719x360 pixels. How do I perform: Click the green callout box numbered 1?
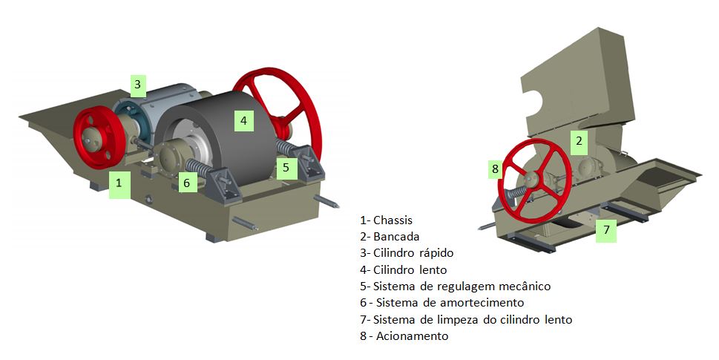coord(119,183)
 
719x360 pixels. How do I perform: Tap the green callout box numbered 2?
coord(579,141)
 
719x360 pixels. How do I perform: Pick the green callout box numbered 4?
coord(243,120)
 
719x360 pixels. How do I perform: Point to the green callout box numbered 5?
coord(286,168)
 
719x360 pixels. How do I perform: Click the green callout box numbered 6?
coord(187,183)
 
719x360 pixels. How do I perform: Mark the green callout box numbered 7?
coord(606,230)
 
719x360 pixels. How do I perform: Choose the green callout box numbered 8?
coord(495,169)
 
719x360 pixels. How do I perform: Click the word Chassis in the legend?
coord(393,220)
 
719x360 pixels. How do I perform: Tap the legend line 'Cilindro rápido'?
coord(407,253)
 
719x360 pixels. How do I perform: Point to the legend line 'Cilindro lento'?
coord(403,269)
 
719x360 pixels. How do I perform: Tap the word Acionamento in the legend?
coord(413,336)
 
